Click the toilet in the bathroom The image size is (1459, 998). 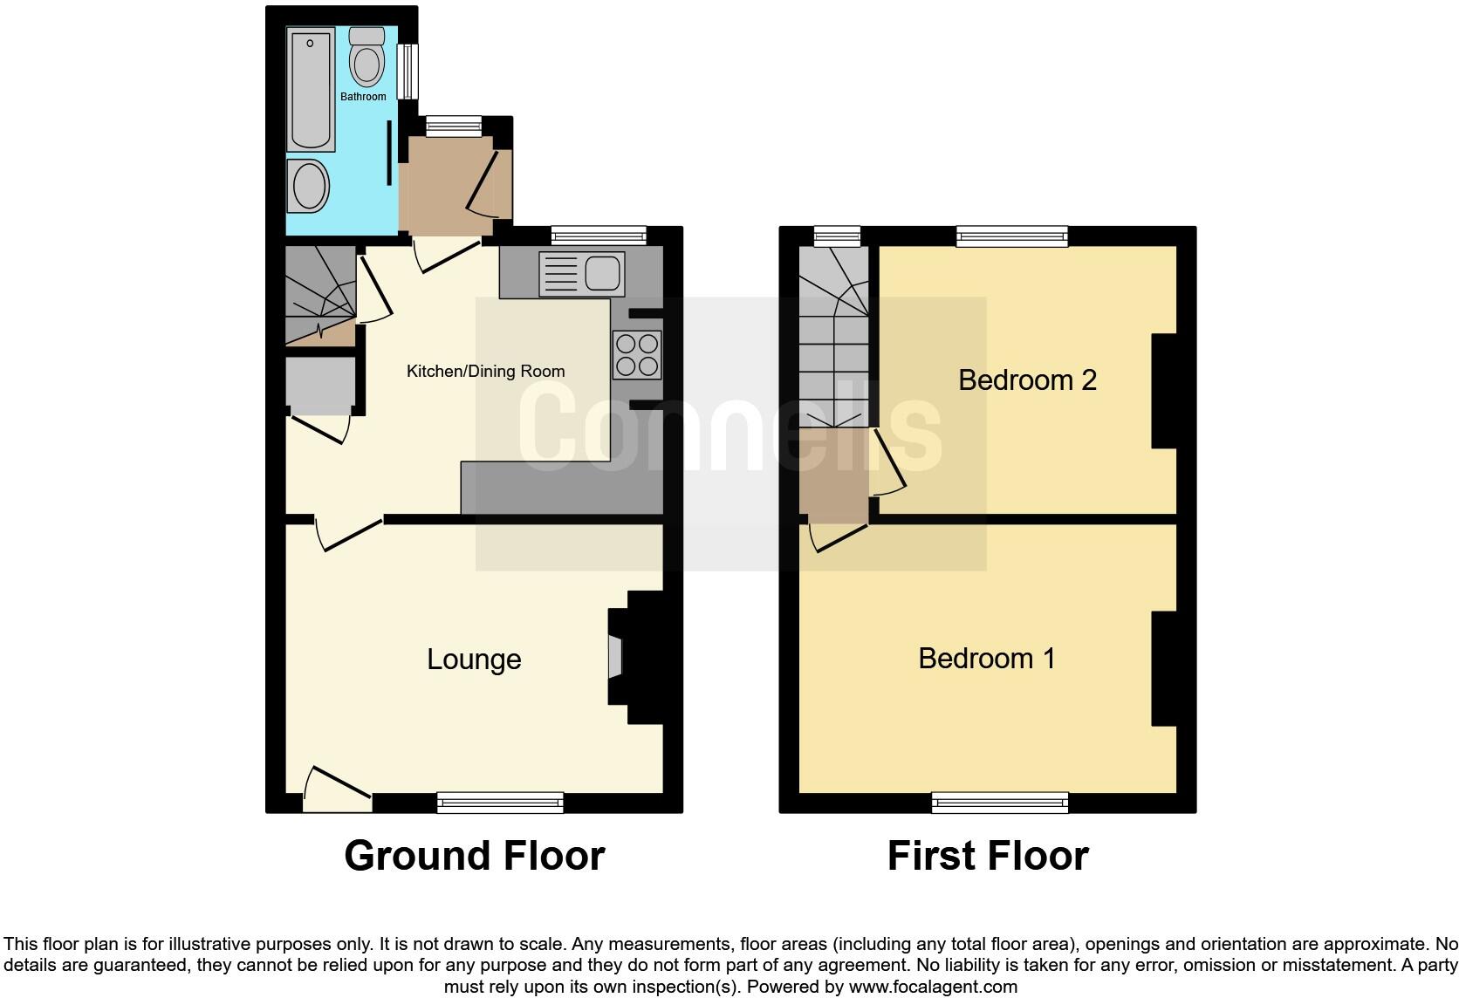click(x=366, y=57)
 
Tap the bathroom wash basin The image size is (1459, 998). click(x=308, y=186)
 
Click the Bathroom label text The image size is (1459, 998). click(x=363, y=97)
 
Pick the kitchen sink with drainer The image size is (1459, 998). click(x=581, y=273)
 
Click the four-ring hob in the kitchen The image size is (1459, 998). click(x=637, y=355)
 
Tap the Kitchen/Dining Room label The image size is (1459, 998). click(x=485, y=372)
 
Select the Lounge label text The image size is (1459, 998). click(x=474, y=660)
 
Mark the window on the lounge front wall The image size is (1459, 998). click(x=500, y=802)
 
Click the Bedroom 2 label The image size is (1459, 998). click(x=1027, y=380)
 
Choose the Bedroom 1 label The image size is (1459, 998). click(x=986, y=658)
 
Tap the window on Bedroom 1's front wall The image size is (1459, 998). click(x=1000, y=802)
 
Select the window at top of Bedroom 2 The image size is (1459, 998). click(x=1011, y=236)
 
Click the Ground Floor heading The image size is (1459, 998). click(x=474, y=856)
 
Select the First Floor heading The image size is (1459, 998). click(x=988, y=856)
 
